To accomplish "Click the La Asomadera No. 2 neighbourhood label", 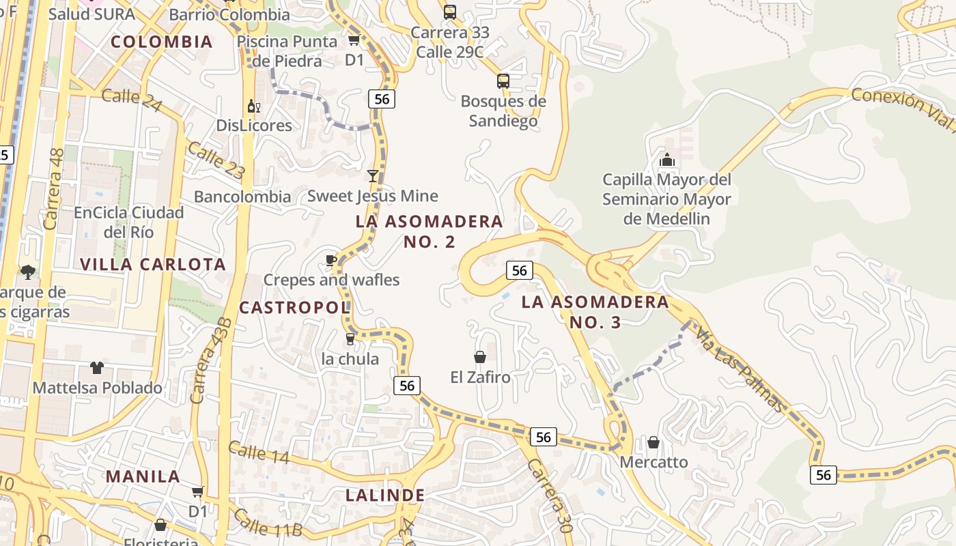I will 430,231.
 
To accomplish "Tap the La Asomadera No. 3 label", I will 595,312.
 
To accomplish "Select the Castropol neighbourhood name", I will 294,308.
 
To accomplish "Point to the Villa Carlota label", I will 153,264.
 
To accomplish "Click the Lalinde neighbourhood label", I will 385,495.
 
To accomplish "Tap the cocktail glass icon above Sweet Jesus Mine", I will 373,176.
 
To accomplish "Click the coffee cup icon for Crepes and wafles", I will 331,260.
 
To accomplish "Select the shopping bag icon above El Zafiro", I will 480,357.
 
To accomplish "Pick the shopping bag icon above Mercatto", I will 653,443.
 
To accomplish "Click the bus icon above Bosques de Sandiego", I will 503,81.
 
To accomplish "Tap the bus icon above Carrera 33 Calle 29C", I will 450,12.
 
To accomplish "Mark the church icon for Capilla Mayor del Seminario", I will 666,160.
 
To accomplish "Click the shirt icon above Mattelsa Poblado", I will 97,368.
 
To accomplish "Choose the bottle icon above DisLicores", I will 253,106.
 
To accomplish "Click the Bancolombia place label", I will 242,197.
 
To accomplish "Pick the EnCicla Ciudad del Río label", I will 129,222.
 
